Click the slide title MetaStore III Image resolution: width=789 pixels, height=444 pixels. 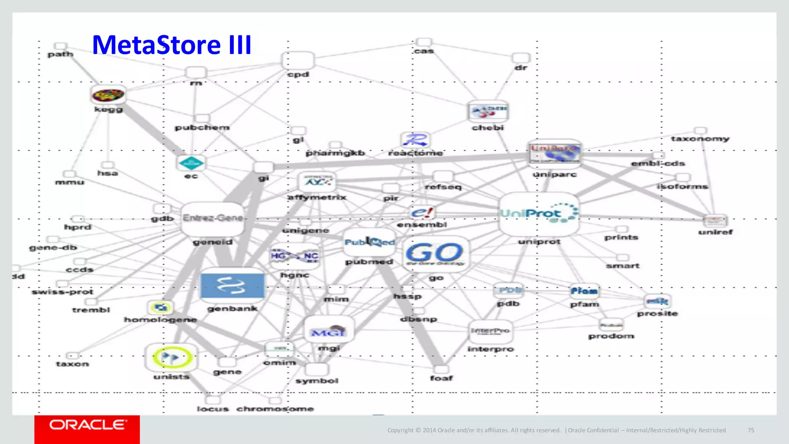click(x=172, y=45)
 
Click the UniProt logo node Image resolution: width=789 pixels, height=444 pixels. click(x=539, y=214)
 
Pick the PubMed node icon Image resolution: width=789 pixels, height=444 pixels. click(x=369, y=242)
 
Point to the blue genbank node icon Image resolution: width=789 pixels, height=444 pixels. click(x=232, y=286)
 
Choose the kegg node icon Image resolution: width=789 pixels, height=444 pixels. click(x=108, y=95)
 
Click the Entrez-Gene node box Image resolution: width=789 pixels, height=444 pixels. click(x=213, y=219)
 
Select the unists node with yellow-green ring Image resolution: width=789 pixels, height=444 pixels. click(x=171, y=357)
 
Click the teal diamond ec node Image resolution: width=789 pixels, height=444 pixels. click(x=191, y=163)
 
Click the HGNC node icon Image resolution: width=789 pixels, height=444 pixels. click(x=295, y=256)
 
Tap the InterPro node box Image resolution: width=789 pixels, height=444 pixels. click(x=490, y=331)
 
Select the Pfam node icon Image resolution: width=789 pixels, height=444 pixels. click(x=584, y=291)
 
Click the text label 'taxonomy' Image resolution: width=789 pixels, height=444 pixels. click(x=700, y=139)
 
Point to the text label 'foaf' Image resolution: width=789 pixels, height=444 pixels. click(x=442, y=378)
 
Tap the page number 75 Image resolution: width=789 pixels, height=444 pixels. click(x=751, y=430)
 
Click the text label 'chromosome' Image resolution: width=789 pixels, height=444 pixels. click(x=275, y=409)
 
